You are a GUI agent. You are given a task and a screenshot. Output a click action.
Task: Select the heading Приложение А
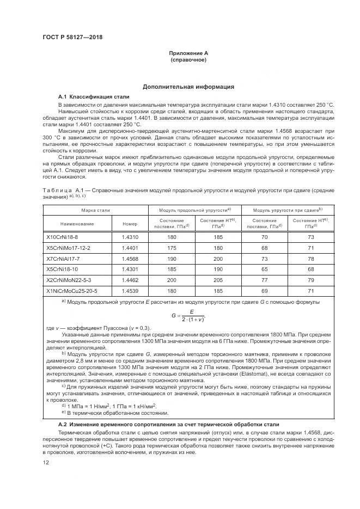(188, 53)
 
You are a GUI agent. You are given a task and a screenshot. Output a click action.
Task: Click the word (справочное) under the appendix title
(188, 60)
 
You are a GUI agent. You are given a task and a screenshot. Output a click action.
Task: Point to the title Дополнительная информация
(188, 87)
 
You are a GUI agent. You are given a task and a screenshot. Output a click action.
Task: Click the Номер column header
(130, 223)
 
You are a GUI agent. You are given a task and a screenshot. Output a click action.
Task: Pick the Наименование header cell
(77, 223)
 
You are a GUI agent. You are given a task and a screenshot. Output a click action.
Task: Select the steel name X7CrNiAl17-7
(63, 259)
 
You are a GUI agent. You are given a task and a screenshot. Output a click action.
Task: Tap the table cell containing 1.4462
(130, 280)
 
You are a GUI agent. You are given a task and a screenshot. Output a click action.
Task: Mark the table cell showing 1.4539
(130, 290)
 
